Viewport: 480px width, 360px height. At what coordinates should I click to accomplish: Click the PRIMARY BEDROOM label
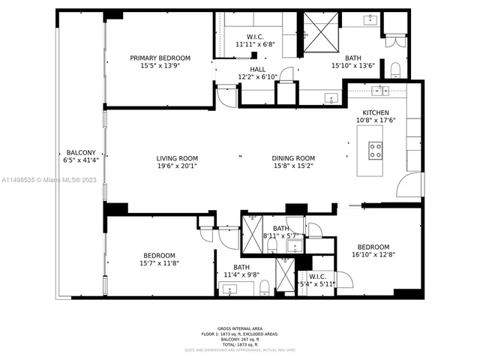tap(160, 58)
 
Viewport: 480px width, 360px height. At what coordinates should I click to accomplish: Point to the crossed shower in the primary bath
tap(320, 33)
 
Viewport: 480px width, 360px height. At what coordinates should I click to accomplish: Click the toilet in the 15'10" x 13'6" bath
tap(395, 71)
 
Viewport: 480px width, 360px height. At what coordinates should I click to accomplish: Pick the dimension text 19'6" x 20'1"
tap(177, 166)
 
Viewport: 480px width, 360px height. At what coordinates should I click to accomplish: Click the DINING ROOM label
tap(293, 158)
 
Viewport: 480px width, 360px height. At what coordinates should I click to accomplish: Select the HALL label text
tap(258, 69)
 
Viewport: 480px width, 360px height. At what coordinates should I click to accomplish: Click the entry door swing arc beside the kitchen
tap(409, 184)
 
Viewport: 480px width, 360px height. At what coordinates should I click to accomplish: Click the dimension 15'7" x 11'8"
tap(160, 263)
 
